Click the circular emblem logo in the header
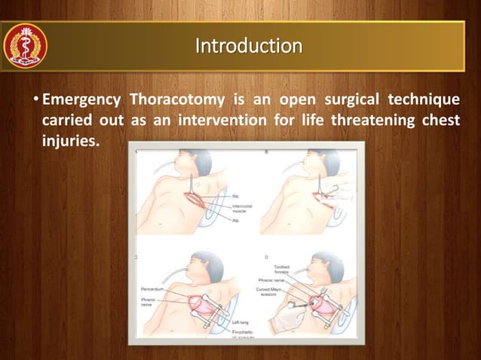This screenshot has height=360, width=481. pyautogui.click(x=26, y=46)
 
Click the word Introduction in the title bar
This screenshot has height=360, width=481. pyautogui.click(x=249, y=46)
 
